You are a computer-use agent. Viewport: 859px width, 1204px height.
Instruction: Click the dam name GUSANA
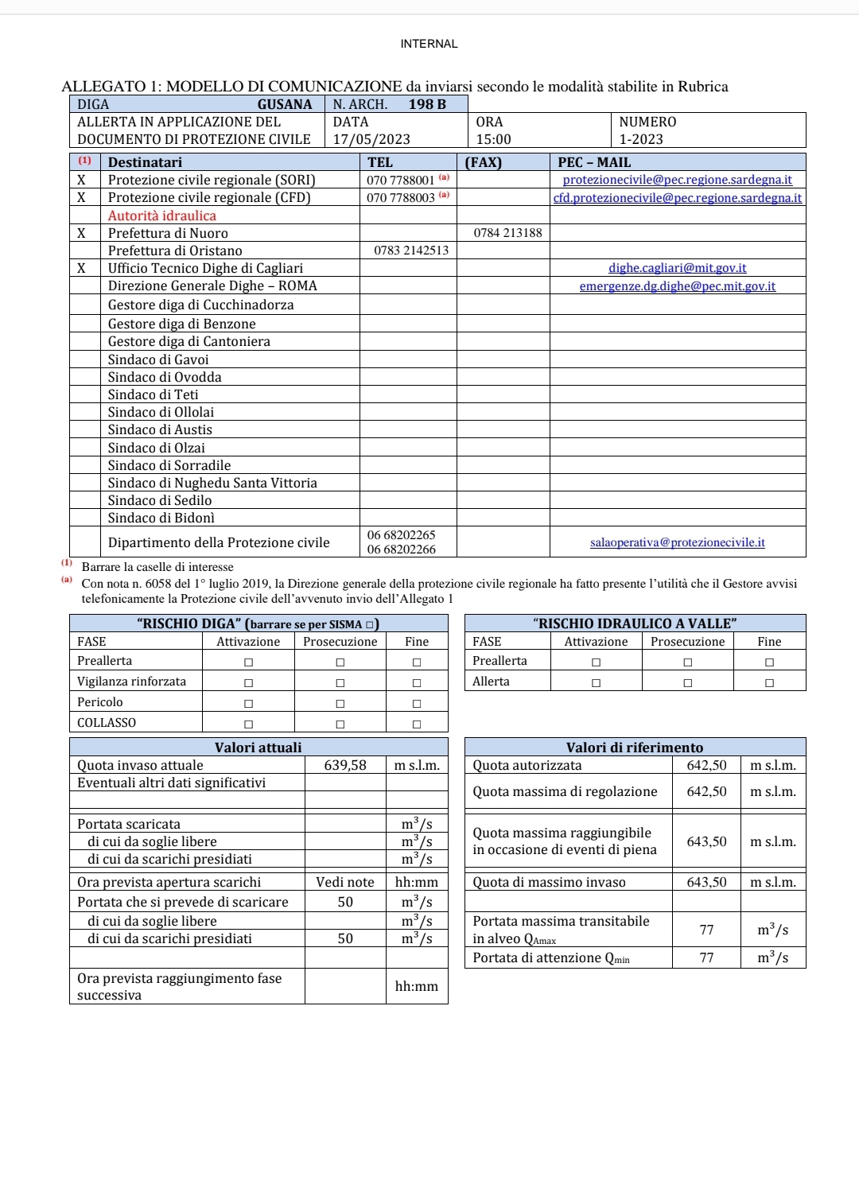coord(284,104)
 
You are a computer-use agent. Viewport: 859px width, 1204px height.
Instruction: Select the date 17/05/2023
coord(371,139)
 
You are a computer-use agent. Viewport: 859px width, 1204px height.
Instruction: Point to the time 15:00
coord(493,139)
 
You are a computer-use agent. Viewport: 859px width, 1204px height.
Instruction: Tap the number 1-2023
coord(641,139)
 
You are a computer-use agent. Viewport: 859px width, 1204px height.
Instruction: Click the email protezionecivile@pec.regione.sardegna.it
coord(678,180)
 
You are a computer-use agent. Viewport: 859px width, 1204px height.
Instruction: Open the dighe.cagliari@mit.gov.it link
coord(678,268)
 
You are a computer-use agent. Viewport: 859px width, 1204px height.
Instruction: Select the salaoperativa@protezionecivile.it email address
coord(678,542)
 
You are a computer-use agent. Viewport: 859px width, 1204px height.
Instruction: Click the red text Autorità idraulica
coord(162,216)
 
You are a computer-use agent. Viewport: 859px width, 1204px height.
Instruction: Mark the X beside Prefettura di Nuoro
coord(81,233)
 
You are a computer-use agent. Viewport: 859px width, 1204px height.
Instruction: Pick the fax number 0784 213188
coord(507,233)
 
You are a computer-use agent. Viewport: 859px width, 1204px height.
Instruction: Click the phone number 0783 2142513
coord(411,251)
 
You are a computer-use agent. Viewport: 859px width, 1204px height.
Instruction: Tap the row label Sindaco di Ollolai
coord(161,412)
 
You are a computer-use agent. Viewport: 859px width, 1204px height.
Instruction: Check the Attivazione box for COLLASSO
coord(249,724)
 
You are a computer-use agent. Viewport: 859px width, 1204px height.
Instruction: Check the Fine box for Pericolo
coord(417,703)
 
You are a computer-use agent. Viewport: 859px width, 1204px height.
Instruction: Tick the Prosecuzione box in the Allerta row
coord(688,682)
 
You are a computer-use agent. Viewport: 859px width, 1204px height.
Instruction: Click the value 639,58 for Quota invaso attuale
coord(345,765)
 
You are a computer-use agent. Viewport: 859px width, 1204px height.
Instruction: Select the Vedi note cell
coord(345,882)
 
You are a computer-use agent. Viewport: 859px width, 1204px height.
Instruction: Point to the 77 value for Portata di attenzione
coord(706,957)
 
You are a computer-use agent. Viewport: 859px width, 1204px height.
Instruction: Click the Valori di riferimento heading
coord(635,748)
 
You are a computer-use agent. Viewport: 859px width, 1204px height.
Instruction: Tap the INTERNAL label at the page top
coord(429,44)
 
